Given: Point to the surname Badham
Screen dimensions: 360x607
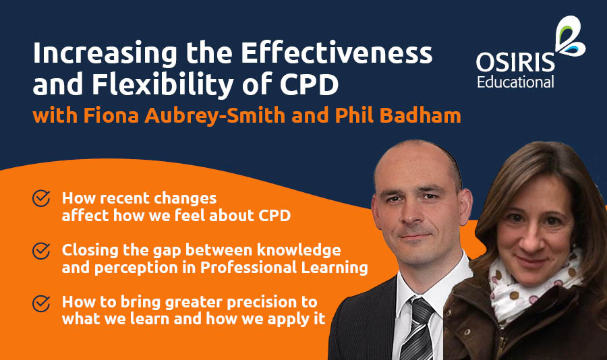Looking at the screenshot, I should [x=423, y=115].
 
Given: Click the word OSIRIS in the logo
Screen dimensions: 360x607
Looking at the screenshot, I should [x=515, y=64].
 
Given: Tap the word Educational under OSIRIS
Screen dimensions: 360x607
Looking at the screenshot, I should [x=515, y=82].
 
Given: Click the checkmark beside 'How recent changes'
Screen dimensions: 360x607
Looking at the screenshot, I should [x=41, y=199].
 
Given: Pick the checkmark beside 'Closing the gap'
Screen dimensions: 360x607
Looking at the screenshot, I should [x=41, y=251].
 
